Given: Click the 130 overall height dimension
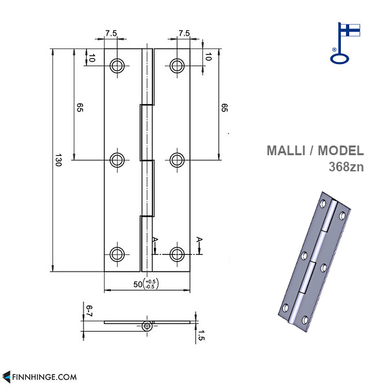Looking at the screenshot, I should [58, 160].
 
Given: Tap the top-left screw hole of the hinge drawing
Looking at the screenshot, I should [118, 65].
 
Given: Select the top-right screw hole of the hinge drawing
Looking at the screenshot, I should [177, 65].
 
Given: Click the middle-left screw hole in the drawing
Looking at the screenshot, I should [118, 159].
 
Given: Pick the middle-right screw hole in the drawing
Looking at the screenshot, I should [177, 159].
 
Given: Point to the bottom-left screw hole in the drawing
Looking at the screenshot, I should [118, 253].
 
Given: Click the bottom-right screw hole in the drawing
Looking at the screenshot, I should [177, 253].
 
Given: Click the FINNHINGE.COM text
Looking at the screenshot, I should [44, 376].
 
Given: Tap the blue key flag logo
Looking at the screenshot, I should [345, 43].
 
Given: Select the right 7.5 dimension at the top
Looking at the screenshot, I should [184, 33].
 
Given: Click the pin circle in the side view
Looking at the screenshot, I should [148, 326].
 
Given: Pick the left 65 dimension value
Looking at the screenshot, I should [80, 108].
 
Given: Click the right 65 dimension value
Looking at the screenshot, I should [224, 108].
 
